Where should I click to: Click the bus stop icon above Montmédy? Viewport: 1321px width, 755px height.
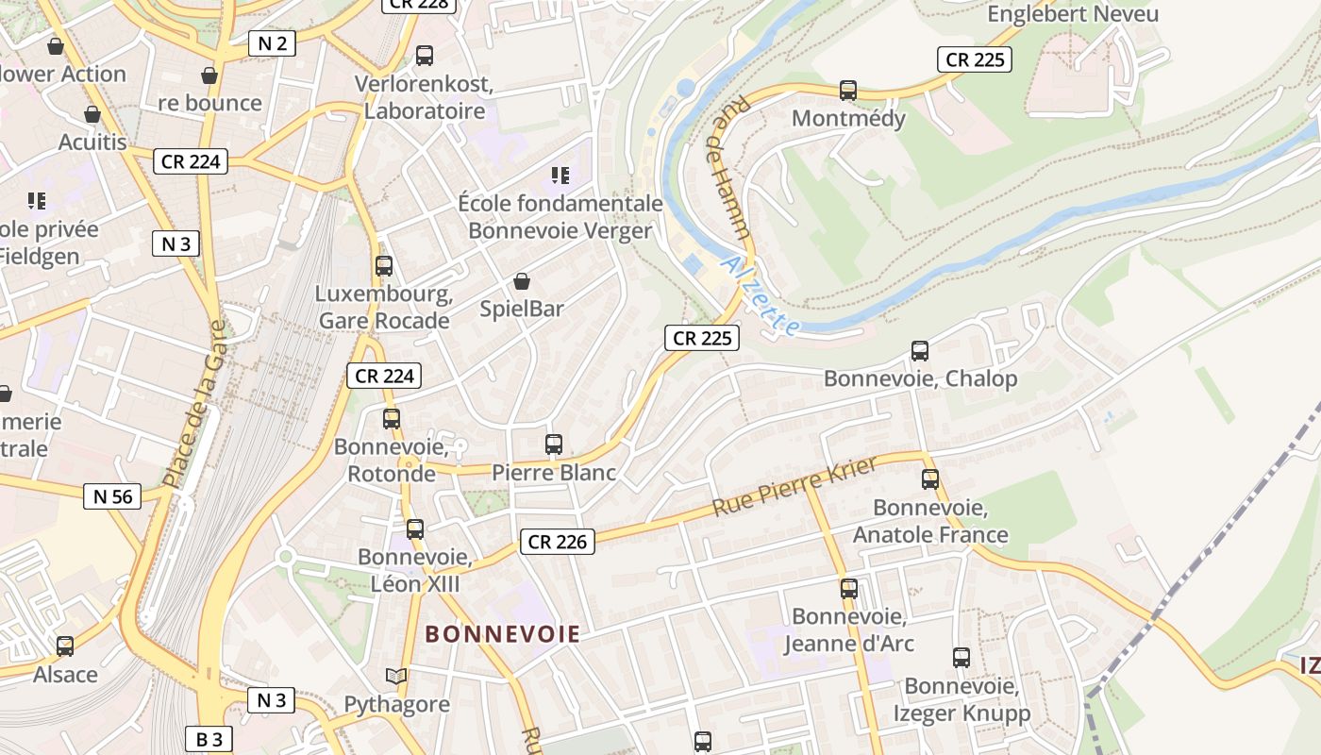click(x=848, y=91)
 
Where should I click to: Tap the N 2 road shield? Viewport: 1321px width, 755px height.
click(x=273, y=42)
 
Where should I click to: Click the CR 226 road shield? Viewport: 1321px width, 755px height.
click(x=557, y=542)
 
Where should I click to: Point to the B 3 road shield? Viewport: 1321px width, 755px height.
click(x=209, y=739)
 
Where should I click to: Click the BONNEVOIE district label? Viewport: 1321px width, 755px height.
click(x=502, y=634)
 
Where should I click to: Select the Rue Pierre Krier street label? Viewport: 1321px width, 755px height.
click(x=794, y=486)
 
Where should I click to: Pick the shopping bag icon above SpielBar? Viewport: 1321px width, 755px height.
click(x=522, y=281)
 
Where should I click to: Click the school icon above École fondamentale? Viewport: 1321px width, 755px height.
click(x=561, y=175)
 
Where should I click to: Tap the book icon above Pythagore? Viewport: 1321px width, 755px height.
click(x=396, y=677)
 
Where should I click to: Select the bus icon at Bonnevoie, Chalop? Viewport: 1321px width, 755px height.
click(x=920, y=351)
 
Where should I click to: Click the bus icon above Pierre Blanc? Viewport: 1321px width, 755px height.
click(x=554, y=444)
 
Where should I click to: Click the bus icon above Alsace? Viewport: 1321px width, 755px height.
click(x=65, y=646)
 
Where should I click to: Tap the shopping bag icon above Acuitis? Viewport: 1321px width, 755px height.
click(x=92, y=115)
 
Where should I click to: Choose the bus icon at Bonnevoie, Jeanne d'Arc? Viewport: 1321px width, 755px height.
click(x=849, y=589)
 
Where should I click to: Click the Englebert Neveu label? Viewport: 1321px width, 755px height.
click(x=1073, y=14)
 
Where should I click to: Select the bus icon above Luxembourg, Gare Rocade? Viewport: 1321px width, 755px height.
click(x=383, y=266)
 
